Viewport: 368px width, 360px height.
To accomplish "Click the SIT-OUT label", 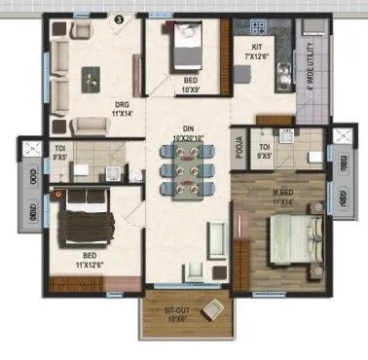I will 177,310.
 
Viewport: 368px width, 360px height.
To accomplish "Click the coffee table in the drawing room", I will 92,74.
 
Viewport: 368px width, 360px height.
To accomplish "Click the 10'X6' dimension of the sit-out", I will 177,319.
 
